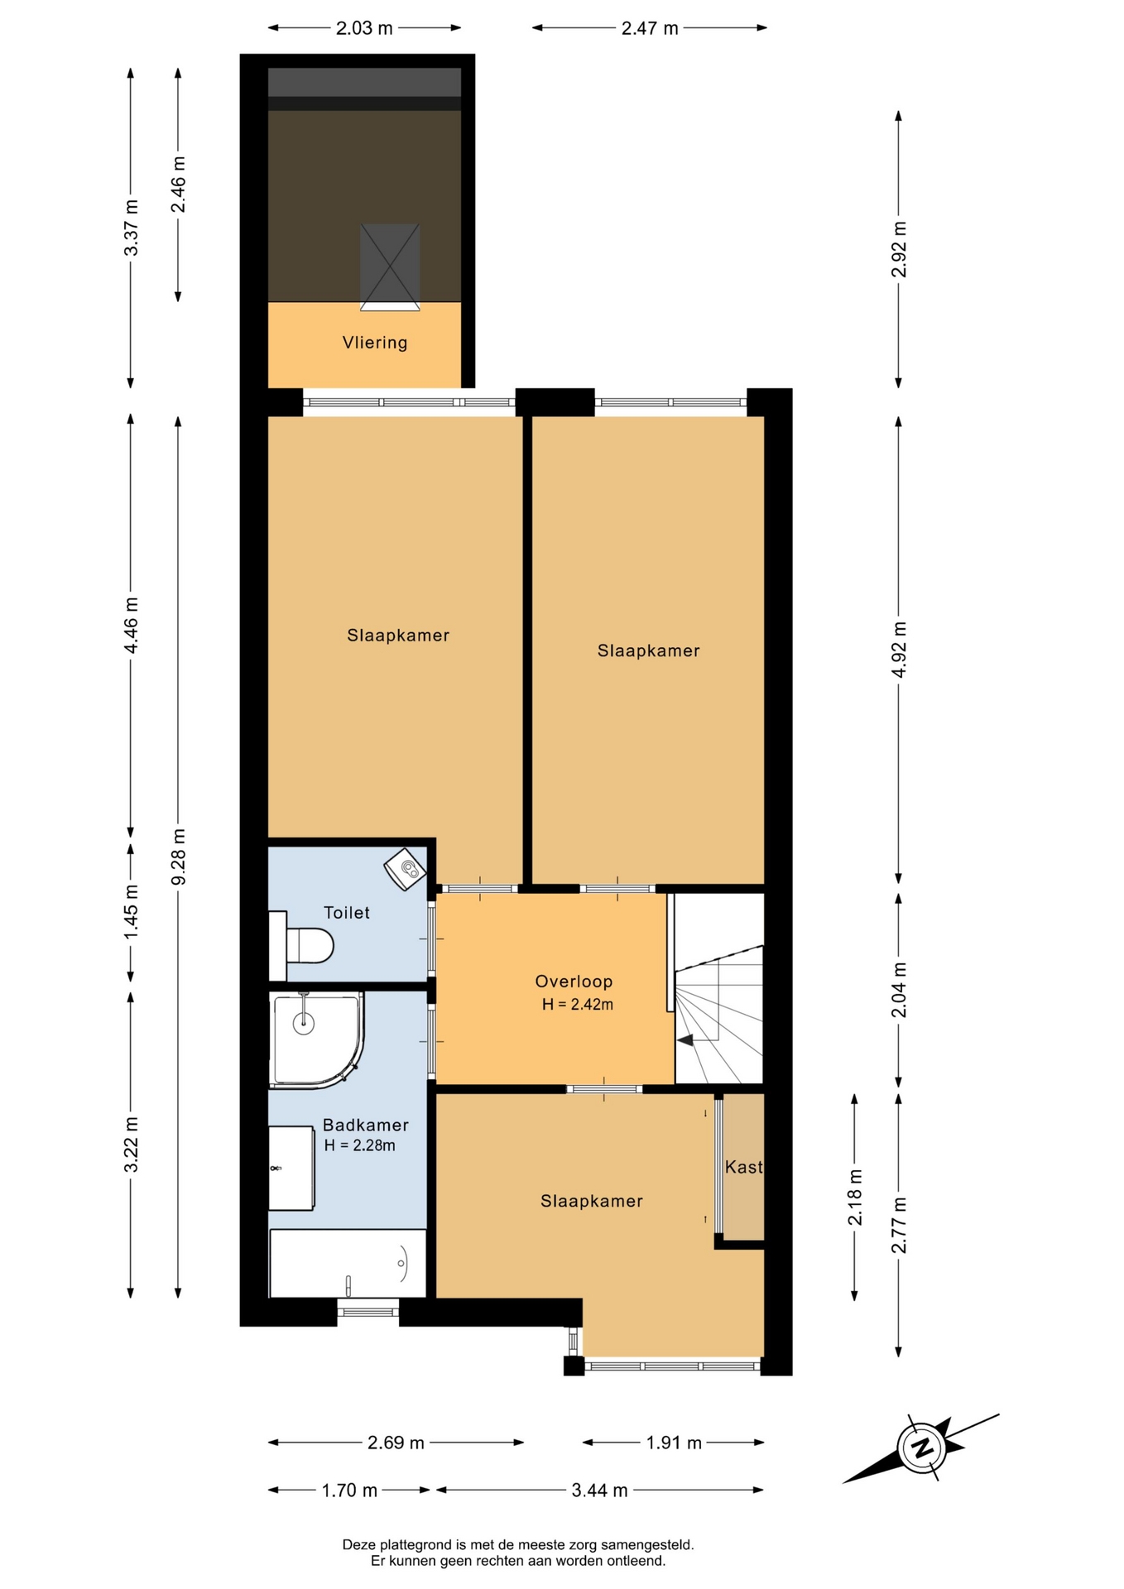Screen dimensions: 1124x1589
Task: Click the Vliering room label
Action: pos(375,343)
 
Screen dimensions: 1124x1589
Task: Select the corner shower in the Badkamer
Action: pos(316,1039)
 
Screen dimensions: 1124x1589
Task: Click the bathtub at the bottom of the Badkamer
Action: pos(348,1263)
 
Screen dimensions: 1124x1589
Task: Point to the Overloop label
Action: pos(574,982)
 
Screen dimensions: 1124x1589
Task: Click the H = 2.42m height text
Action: pos(578,1005)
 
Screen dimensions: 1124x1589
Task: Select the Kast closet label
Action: pos(743,1167)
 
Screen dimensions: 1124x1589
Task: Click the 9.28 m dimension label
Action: pos(178,857)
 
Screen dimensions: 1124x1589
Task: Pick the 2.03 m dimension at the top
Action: pos(364,28)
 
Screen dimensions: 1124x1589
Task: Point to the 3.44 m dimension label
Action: pos(600,1491)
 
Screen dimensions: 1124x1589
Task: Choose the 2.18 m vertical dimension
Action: pos(855,1198)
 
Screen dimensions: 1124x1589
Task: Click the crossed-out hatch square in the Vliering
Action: pos(390,267)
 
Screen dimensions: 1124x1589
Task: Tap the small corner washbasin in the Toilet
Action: pos(406,869)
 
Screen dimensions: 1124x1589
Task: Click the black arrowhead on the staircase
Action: pos(685,1040)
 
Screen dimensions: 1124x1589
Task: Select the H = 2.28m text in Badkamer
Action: pos(359,1145)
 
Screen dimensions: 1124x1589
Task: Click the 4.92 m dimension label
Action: pos(899,650)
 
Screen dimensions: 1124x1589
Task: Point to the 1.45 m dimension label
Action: pos(131,913)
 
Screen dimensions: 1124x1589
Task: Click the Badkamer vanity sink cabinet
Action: pos(292,1168)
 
